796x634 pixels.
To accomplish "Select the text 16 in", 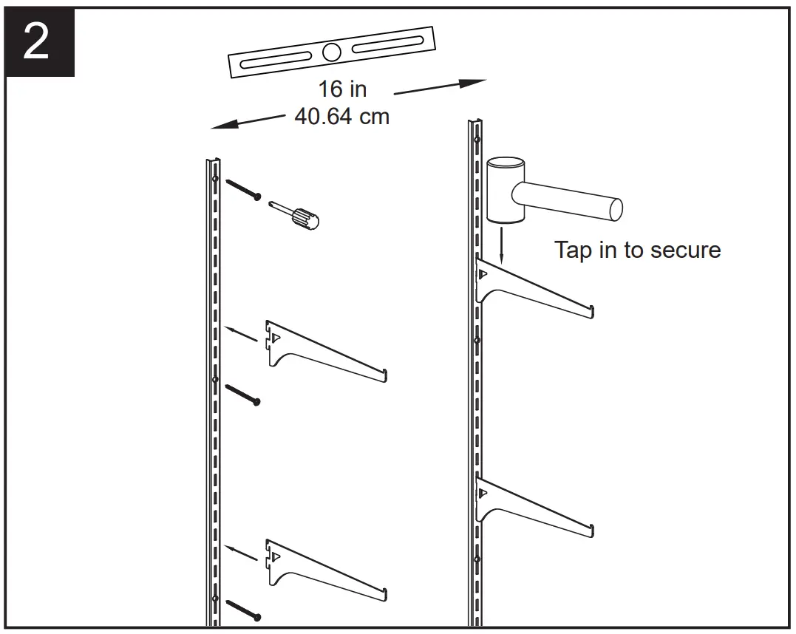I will tap(342, 89).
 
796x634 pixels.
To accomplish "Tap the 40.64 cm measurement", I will tap(341, 117).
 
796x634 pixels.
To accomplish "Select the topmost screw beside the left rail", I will tap(242, 188).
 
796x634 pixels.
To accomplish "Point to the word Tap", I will tap(574, 250).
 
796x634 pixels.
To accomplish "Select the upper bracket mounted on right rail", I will tap(532, 288).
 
